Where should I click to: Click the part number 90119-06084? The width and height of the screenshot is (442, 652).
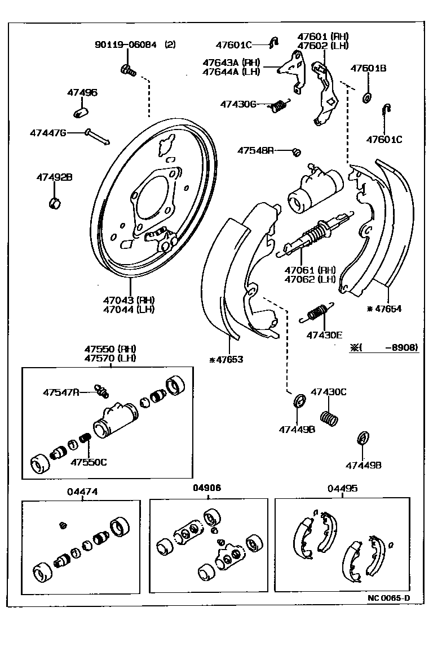[x=126, y=44]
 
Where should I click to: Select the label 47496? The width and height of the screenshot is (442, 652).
[x=82, y=92]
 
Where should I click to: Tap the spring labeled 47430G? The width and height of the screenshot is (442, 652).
[x=279, y=105]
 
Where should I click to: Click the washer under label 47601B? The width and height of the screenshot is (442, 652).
[x=366, y=98]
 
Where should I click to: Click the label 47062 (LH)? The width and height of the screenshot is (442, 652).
[x=310, y=279]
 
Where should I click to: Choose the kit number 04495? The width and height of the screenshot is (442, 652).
[x=342, y=488]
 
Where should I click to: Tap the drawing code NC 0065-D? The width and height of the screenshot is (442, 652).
[x=388, y=598]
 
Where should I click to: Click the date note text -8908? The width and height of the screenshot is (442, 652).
[x=401, y=348]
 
